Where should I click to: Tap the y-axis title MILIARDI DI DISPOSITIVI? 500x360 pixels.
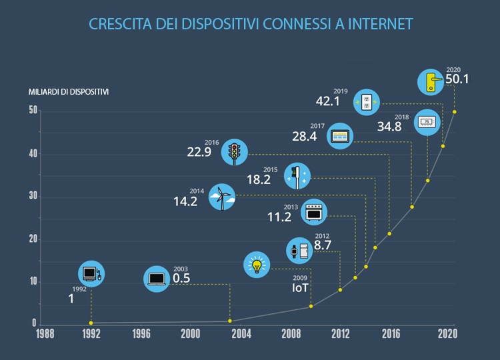click(x=69, y=91)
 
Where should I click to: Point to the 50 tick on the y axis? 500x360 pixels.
click(x=33, y=111)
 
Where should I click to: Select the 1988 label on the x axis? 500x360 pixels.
click(x=45, y=333)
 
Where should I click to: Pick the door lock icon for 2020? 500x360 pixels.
click(x=431, y=82)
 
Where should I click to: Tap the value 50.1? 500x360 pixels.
click(x=457, y=79)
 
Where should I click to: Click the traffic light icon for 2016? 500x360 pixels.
click(x=235, y=152)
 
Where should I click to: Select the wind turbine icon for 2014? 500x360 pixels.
click(x=222, y=197)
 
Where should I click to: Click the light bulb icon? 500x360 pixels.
click(x=257, y=265)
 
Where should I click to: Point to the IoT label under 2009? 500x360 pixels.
click(x=301, y=288)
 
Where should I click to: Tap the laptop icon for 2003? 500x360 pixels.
click(x=157, y=278)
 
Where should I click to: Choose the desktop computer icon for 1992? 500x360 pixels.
click(x=91, y=273)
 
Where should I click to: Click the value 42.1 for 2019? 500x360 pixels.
click(x=328, y=101)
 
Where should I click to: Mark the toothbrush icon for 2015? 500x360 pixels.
click(x=296, y=175)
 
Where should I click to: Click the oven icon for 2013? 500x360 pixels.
click(x=313, y=212)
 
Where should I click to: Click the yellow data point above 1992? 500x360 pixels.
click(x=91, y=323)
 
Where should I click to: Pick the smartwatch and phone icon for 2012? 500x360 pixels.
click(x=299, y=251)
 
